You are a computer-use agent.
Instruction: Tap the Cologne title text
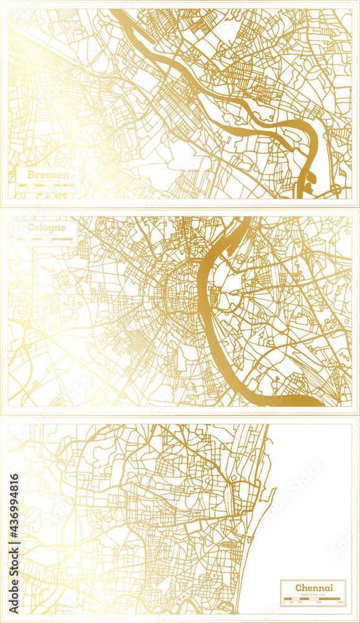click(x=45, y=227)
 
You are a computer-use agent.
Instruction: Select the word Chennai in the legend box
click(x=314, y=587)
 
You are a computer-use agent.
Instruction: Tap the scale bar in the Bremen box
click(x=47, y=185)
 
